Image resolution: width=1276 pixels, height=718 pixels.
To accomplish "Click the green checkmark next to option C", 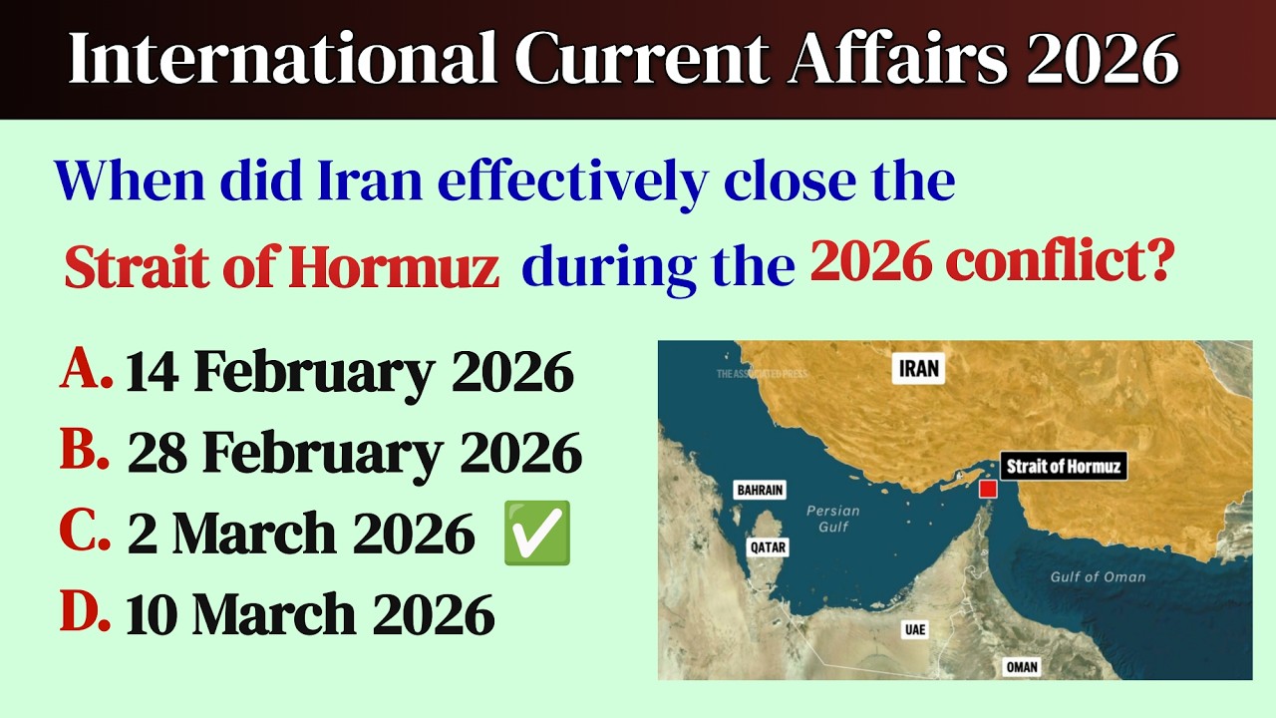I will [x=537, y=534].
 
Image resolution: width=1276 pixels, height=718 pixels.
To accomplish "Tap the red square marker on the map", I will [x=988, y=489].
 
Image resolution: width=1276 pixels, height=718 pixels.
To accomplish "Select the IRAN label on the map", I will [x=918, y=369].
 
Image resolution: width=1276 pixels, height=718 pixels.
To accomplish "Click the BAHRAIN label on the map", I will [x=760, y=490].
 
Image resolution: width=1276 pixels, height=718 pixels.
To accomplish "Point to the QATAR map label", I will [x=769, y=546].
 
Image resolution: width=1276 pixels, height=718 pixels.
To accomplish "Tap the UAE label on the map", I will [x=913, y=630].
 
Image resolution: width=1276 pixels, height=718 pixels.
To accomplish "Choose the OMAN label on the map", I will [x=1022, y=667].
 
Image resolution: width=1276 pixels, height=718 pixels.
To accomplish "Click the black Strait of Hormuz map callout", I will [x=1063, y=466].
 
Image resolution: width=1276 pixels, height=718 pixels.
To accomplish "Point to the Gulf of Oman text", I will [x=1098, y=576].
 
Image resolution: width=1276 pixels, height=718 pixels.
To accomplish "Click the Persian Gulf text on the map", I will [x=832, y=518].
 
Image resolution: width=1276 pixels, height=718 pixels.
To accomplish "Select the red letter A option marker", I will [x=85, y=371].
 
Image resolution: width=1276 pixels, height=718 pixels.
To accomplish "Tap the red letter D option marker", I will [x=85, y=613].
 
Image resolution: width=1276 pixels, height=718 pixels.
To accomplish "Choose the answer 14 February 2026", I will [x=350, y=373].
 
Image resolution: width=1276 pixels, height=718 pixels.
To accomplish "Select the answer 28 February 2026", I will [x=355, y=454].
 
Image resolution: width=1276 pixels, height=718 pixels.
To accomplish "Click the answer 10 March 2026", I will [x=310, y=615].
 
